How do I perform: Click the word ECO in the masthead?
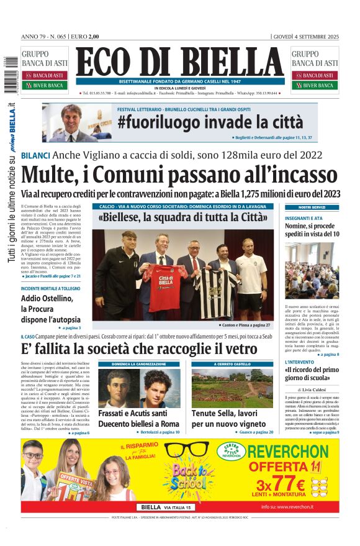(x=109, y=62)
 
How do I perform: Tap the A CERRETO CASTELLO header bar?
(x=232, y=364)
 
